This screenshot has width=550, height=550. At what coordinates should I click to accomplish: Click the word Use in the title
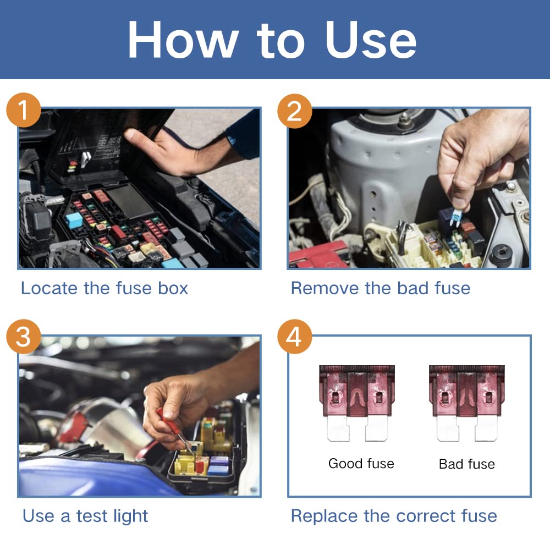(x=371, y=41)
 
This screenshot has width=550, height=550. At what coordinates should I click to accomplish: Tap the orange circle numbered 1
(x=23, y=111)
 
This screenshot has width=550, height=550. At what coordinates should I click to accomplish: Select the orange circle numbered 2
(x=294, y=111)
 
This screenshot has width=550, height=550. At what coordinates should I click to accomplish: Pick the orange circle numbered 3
(x=23, y=337)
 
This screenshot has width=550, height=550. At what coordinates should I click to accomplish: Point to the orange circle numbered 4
(x=294, y=337)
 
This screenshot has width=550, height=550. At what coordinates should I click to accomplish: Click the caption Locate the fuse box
(x=105, y=288)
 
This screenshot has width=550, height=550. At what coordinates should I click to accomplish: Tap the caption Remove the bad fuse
(x=380, y=288)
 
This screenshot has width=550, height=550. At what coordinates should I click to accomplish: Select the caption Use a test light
(x=85, y=516)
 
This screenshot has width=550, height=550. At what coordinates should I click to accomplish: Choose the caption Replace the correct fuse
(x=394, y=516)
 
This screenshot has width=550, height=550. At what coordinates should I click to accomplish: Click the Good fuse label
(x=361, y=464)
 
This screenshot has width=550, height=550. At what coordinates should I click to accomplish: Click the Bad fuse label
(x=466, y=464)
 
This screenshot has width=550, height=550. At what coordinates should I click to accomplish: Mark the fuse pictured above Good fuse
(x=356, y=403)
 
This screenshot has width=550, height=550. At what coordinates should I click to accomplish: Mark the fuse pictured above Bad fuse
(x=466, y=403)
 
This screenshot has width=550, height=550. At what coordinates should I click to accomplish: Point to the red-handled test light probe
(x=170, y=427)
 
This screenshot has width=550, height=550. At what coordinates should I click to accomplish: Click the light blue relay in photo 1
(x=74, y=220)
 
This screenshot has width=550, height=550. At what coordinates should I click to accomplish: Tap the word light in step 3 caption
(x=128, y=516)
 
